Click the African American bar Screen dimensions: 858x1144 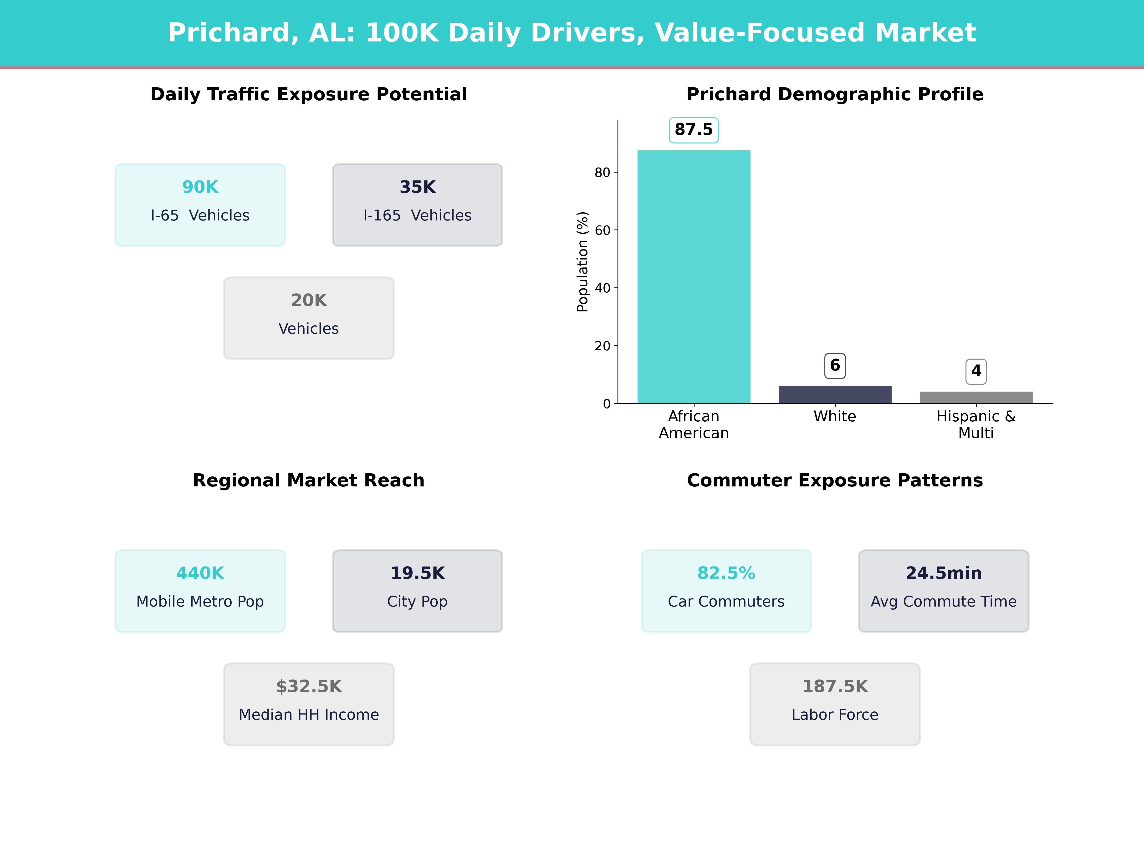[x=694, y=277]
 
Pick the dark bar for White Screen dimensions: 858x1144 [x=835, y=395]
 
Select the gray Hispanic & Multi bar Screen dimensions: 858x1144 [x=976, y=397]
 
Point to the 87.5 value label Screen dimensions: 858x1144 [x=694, y=130]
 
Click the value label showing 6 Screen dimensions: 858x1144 [x=835, y=366]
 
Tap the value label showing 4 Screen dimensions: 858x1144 [x=976, y=371]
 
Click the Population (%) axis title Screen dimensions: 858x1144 [x=582, y=262]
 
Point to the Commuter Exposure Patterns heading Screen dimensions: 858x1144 [x=835, y=480]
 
